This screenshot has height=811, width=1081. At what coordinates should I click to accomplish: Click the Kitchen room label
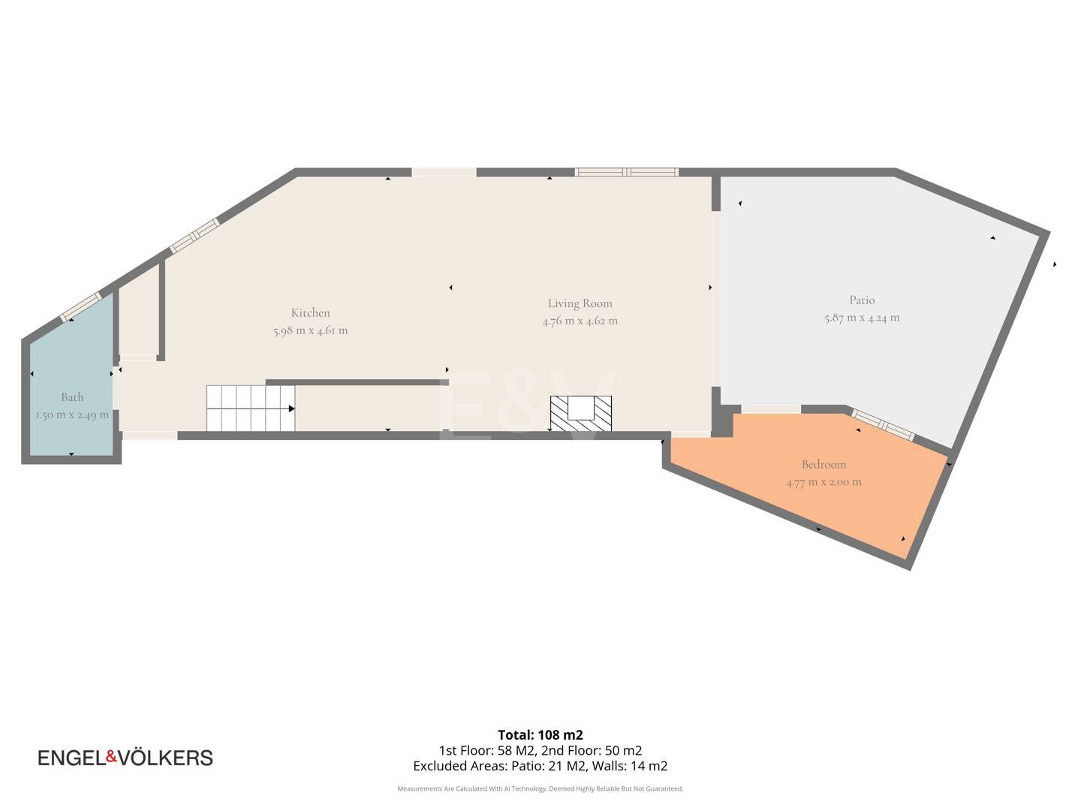click(x=310, y=312)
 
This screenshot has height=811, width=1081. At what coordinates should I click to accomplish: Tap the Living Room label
click(x=580, y=303)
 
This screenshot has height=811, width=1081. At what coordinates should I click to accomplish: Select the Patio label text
click(x=862, y=300)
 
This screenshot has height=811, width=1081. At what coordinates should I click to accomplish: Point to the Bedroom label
click(x=824, y=464)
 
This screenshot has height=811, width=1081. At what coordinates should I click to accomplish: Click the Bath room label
click(x=72, y=397)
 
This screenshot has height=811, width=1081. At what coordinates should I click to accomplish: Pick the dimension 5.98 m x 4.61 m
click(x=310, y=330)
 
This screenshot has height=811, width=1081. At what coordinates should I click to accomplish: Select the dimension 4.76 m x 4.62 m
click(x=580, y=321)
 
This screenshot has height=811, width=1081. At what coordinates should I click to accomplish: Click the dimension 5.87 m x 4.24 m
click(x=862, y=318)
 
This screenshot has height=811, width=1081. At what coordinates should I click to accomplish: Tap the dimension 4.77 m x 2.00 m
click(x=824, y=482)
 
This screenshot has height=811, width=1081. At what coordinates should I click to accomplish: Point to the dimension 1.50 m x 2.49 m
click(x=72, y=415)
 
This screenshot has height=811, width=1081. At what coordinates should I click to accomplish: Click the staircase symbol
click(x=251, y=409)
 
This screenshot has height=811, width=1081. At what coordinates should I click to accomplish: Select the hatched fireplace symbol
click(x=580, y=414)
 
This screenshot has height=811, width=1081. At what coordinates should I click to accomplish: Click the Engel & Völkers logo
click(x=125, y=758)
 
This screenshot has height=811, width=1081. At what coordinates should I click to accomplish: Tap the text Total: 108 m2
click(x=540, y=735)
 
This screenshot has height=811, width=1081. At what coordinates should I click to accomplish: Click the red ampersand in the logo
click(x=111, y=756)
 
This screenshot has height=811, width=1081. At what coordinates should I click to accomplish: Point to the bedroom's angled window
click(x=883, y=425)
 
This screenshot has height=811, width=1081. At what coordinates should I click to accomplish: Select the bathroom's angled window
click(x=81, y=307)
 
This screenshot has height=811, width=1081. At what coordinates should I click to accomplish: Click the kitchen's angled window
click(x=194, y=236)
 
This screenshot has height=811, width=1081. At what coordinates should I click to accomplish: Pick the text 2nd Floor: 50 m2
click(x=592, y=750)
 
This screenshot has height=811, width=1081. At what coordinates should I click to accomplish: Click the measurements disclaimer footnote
click(x=540, y=788)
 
